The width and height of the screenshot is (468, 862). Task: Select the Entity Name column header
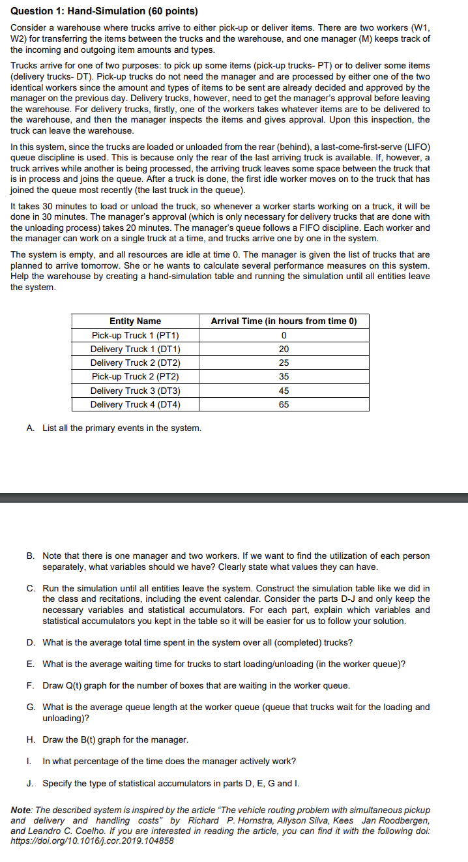tap(135, 321)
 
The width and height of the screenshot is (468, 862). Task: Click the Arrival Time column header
tap(284, 321)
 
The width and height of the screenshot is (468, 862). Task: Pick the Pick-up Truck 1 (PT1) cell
tap(135, 335)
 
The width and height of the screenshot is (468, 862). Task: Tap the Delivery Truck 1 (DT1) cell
tap(135, 349)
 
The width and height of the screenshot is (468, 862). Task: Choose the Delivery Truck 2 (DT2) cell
tap(135, 363)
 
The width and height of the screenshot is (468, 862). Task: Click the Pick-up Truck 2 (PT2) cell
tap(135, 376)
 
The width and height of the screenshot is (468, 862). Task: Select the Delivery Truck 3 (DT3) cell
tap(135, 391)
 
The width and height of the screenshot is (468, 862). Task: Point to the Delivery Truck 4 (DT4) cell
tap(135, 404)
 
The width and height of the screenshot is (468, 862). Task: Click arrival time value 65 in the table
tap(284, 404)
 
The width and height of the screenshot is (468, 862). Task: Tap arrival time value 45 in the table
tap(284, 391)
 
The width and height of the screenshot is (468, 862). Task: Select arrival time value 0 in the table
tap(284, 335)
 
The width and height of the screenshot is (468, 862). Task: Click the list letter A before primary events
tap(31, 428)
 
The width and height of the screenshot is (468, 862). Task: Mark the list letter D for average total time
tap(31, 642)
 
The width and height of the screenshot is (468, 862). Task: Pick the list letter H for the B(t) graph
tap(31, 739)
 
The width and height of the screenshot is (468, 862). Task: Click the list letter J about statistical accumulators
tap(31, 782)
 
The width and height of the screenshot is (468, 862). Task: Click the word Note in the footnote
tap(22, 810)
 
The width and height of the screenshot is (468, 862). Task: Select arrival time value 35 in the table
tap(284, 376)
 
